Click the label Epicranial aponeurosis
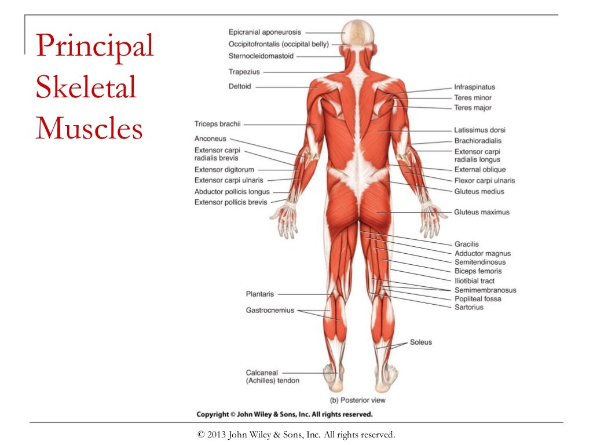265,32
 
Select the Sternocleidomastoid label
261,56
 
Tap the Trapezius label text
244,72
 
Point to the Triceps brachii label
217,123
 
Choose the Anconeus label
210,139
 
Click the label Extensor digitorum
224,170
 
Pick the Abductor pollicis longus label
232,192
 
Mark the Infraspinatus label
474,87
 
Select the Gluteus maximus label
482,212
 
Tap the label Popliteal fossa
478,299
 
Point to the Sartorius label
469,307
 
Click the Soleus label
421,342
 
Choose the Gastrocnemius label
270,311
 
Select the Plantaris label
260,294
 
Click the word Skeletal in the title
86,88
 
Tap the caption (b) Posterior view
357,400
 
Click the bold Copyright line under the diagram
284,414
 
